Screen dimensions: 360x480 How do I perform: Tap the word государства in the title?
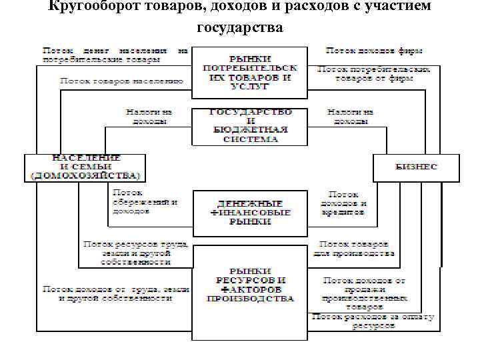click(240, 27)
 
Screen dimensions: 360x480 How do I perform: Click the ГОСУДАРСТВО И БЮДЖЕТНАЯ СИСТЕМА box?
click(250, 126)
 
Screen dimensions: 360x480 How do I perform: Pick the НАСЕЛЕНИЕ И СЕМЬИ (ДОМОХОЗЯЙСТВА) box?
click(86, 167)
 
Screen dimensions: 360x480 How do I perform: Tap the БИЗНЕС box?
click(415, 167)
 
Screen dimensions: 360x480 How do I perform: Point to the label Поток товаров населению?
click(121, 81)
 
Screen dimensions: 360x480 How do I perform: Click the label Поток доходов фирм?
click(374, 51)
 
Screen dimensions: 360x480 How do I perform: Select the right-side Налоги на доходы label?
click(351, 117)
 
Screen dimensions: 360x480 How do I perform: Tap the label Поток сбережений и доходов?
click(140, 201)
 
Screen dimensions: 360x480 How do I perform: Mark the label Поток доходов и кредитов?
click(344, 201)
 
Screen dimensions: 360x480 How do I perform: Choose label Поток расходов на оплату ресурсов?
click(373, 322)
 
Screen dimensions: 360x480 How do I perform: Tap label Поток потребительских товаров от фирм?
click(373, 73)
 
